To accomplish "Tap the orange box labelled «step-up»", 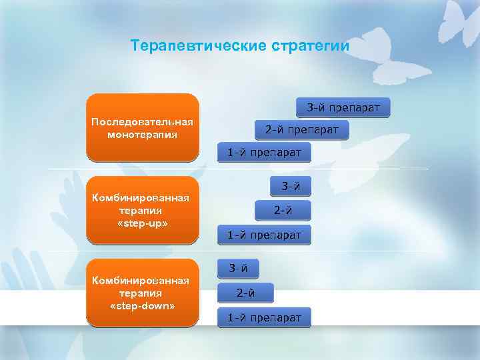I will point(143,209).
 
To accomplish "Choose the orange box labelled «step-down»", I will point(143,293).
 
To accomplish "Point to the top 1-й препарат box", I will point(264,152).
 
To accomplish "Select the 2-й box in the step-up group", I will point(283,211).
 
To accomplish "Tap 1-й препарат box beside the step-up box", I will point(264,235).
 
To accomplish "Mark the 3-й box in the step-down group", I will point(239,269).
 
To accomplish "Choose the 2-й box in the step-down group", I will point(245,292).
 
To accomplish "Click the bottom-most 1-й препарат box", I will point(264,317).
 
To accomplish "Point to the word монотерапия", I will point(143,135).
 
